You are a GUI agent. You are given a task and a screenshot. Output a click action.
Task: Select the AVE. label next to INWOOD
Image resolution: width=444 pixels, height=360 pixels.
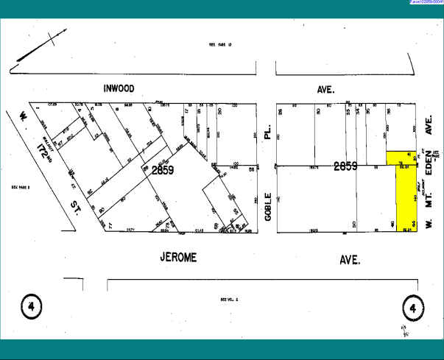[325, 89]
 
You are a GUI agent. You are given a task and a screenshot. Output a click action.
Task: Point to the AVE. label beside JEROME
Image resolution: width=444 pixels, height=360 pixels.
[350, 260]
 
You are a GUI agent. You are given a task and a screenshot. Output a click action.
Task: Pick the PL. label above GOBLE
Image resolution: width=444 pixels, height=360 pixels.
[269, 133]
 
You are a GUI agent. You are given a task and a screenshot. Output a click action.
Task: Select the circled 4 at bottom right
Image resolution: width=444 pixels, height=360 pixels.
[413, 308]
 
